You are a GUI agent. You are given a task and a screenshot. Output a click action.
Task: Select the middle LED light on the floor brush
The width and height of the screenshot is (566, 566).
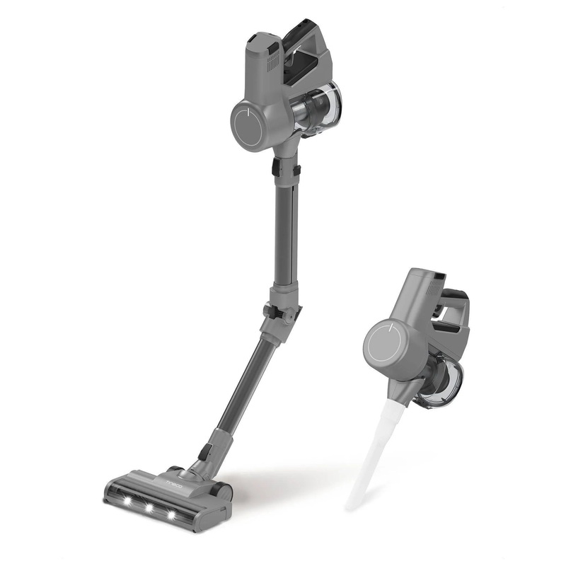tap(151, 508)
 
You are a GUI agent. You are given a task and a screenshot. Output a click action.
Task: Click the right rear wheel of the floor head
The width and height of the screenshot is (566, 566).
tap(223, 490)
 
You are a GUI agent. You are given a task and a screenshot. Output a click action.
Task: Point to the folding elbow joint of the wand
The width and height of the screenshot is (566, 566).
tap(281, 314)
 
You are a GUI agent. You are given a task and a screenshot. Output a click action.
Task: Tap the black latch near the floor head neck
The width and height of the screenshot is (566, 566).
tap(204, 451)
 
